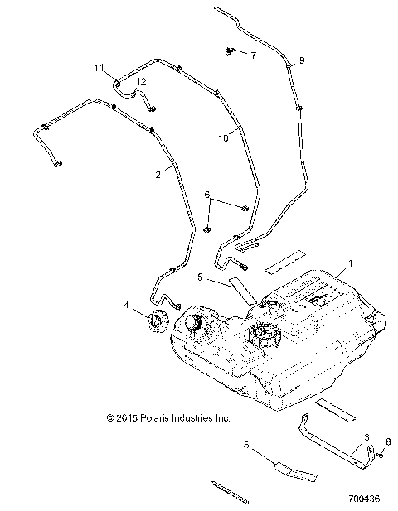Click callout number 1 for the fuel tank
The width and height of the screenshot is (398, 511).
pyautogui.click(x=350, y=263)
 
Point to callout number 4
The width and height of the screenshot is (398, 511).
pyautogui.click(x=127, y=306)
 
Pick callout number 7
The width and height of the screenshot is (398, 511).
pyautogui.click(x=254, y=55)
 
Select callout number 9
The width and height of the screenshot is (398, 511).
pyautogui.click(x=301, y=60)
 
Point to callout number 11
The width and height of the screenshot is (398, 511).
pyautogui.click(x=98, y=67)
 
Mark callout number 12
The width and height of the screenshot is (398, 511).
pyautogui.click(x=141, y=81)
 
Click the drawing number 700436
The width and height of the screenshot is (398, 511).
pyautogui.click(x=362, y=499)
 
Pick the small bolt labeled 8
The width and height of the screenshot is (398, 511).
pyautogui.click(x=379, y=453)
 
